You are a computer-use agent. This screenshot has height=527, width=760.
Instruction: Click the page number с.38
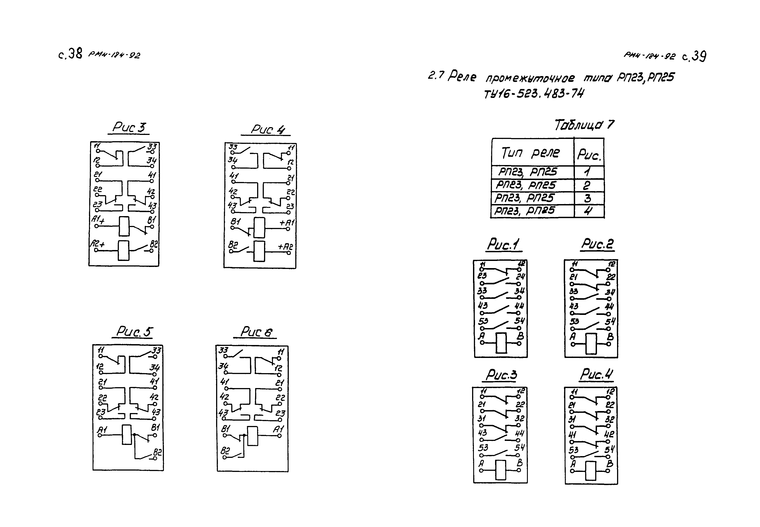click(70, 54)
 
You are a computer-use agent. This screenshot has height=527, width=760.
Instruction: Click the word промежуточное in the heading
click(530, 79)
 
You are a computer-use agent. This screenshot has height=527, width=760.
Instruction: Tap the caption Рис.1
click(503, 245)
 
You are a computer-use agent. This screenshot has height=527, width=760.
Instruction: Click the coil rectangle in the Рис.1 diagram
click(501, 343)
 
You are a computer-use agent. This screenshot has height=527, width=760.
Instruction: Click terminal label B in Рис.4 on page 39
click(609, 464)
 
